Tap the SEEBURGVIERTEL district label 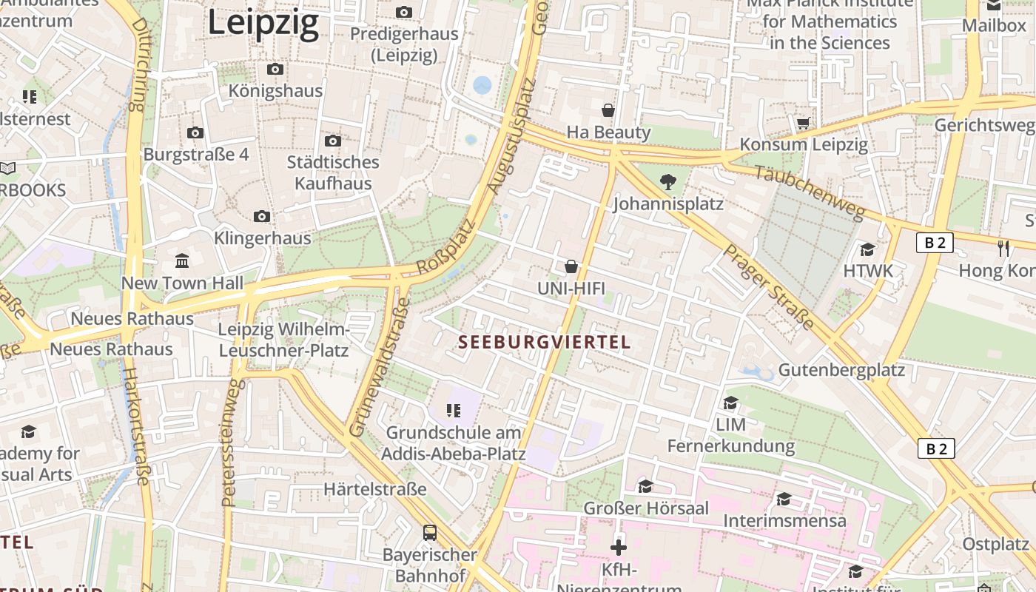pos(545,342)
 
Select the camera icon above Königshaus pos(275,70)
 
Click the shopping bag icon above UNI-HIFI pos(571,266)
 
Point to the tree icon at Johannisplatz pos(667,181)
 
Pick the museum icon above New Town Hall pos(182,260)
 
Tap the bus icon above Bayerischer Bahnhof pos(429,532)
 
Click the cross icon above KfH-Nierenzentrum pos(619,548)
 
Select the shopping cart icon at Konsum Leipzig pos(804,123)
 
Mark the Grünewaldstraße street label pos(378,368)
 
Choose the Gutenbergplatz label pos(841,370)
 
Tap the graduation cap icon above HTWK pos(867,249)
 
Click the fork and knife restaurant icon pos(1003,249)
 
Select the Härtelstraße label pos(375,489)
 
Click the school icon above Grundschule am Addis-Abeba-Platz pos(454,410)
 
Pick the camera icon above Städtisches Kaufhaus pos(333,141)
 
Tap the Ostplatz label pos(995,544)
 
